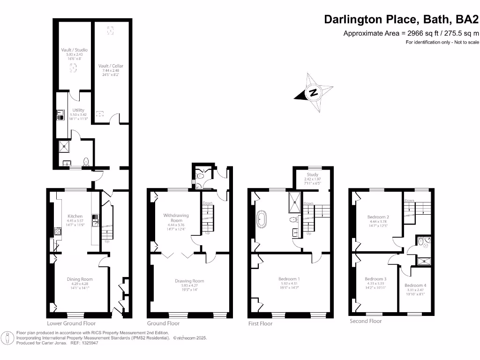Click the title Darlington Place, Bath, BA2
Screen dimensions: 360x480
(x=402, y=20)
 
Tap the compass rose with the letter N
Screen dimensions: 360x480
(x=314, y=92)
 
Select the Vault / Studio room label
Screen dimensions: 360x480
(x=74, y=50)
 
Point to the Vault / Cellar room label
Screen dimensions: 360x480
(x=111, y=66)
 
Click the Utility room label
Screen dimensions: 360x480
(x=78, y=110)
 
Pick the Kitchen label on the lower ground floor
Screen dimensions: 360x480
(x=75, y=216)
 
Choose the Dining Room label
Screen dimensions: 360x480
(x=77, y=279)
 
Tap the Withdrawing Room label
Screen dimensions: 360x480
(x=176, y=217)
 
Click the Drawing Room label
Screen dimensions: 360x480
(x=189, y=281)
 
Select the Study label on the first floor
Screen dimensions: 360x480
(x=312, y=174)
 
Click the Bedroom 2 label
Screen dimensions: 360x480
(x=379, y=217)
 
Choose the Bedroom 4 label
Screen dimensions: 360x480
(x=415, y=285)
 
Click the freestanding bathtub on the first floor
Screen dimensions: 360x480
(x=262, y=219)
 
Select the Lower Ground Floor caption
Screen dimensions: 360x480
(x=71, y=323)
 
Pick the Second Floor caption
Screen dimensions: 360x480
(x=366, y=321)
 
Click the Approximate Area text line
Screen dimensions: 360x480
(x=411, y=33)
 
